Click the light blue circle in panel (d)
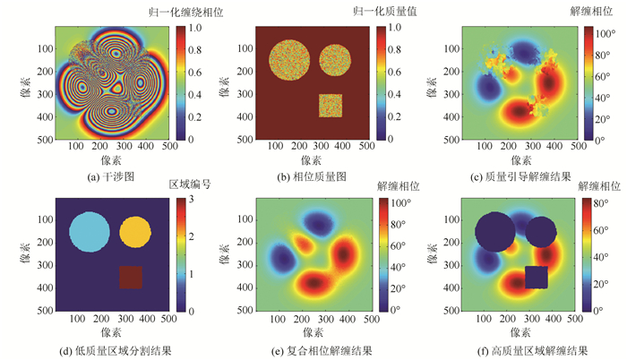(x=90, y=233)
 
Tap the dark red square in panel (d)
(x=131, y=277)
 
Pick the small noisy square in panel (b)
(x=331, y=105)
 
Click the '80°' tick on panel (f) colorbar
(x=607, y=204)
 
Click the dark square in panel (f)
(x=537, y=277)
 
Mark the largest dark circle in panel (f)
(x=495, y=233)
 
